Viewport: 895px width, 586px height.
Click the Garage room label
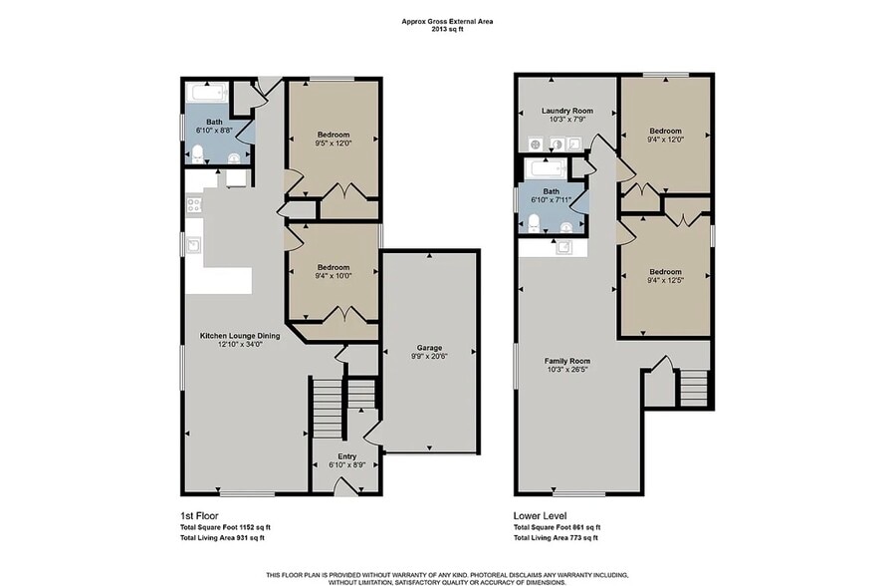point(429,348)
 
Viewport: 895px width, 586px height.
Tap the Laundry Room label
point(566,111)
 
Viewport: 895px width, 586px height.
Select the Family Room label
point(566,361)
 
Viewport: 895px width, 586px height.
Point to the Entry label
point(347,456)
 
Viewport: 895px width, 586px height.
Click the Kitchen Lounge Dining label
point(240,336)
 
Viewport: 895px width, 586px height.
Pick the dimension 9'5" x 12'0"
point(334,144)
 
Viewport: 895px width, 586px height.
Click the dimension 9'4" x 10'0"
point(334,276)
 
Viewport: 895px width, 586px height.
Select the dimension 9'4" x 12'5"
point(665,280)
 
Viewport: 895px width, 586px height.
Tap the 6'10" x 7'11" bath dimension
point(551,200)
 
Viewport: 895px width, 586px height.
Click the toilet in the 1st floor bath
point(197,154)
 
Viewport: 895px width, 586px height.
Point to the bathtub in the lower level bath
point(548,168)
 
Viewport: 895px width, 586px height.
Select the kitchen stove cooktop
point(194,204)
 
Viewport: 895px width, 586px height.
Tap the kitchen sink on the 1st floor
point(193,245)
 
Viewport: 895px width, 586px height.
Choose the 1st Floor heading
point(199,516)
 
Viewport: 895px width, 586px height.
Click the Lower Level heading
point(540,516)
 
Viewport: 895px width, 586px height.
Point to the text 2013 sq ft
point(448,29)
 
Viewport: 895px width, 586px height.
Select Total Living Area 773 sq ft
point(556,538)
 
